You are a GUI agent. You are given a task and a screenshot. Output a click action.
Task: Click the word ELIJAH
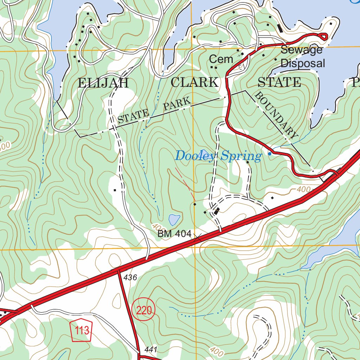point(103,83)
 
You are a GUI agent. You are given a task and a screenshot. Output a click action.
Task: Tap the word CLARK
point(194,82)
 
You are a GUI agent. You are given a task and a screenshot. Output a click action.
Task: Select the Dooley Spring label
point(218,156)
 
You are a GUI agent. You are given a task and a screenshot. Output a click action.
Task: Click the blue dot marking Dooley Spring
point(270,154)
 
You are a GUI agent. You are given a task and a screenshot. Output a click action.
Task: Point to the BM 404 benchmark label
point(174,233)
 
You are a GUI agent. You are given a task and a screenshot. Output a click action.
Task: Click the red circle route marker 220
point(143,310)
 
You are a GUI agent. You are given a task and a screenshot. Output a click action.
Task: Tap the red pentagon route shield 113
point(82,330)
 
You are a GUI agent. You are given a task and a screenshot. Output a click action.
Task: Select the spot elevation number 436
point(130,278)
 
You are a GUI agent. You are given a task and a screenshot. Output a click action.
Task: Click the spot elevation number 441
point(150,350)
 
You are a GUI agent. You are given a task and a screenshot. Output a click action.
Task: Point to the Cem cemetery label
point(221,59)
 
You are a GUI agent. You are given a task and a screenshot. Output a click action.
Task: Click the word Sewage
point(301,50)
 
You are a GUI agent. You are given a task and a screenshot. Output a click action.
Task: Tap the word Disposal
point(303,64)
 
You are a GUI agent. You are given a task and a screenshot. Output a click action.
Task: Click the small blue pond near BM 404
point(174,220)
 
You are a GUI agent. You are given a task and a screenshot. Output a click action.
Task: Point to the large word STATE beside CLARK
point(279,82)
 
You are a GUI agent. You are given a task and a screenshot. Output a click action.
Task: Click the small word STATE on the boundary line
point(133,116)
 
